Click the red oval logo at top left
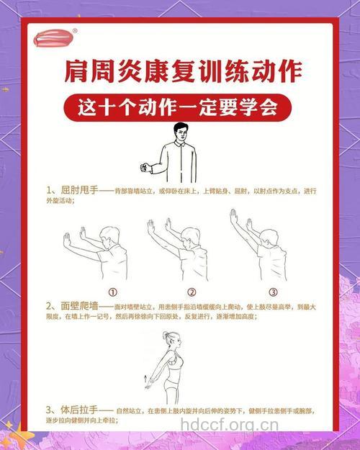tap(54, 37)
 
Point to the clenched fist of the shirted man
tap(147, 168)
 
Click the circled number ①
tap(112, 292)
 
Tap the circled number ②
tap(192, 292)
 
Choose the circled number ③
tap(273, 292)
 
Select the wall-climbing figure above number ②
tap(180, 252)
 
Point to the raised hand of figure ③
tap(233, 216)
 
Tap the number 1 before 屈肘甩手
tap(49, 191)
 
